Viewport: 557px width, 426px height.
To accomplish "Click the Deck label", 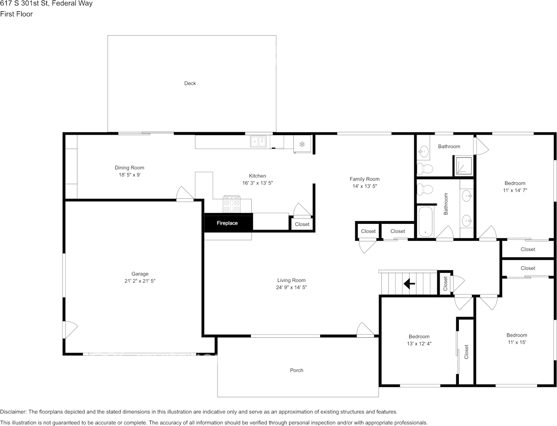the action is click(190, 83).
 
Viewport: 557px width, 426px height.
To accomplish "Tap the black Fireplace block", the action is click(228, 222).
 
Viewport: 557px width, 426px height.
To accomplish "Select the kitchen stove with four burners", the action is click(231, 204).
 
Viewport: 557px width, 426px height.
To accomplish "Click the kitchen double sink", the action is click(258, 141).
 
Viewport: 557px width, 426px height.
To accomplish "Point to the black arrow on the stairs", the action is click(409, 283).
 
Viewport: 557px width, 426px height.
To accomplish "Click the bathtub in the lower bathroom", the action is click(426, 222).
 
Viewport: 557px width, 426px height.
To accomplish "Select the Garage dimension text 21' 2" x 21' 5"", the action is click(140, 281).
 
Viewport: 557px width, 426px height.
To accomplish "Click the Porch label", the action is click(296, 370).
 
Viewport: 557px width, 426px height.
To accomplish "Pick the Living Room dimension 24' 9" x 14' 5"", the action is click(291, 287).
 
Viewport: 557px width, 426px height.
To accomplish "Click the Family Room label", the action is click(365, 179).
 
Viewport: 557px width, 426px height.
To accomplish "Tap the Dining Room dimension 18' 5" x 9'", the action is click(130, 175).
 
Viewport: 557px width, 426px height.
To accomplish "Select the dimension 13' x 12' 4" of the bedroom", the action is click(419, 344).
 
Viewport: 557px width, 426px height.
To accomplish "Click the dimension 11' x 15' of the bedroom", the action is click(516, 342).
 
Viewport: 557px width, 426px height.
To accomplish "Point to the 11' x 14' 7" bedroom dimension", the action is click(515, 190).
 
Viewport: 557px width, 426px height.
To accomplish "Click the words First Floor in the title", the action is click(17, 14).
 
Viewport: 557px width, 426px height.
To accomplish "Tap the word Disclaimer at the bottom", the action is click(13, 412).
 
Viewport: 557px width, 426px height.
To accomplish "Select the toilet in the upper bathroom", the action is click(425, 168).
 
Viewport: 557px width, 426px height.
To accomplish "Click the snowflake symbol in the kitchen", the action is click(302, 145).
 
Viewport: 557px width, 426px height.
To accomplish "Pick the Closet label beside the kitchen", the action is click(302, 224).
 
